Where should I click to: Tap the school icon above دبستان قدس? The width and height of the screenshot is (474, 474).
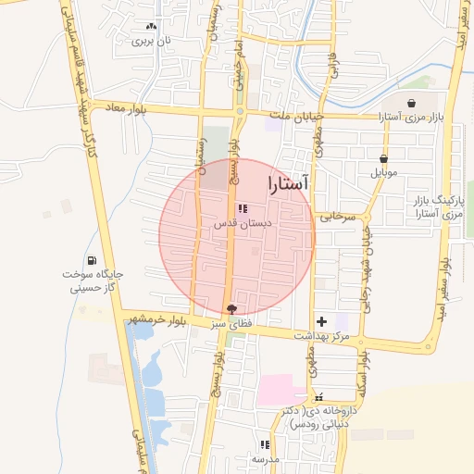[243, 209]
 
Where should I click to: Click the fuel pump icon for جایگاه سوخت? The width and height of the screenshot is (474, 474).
[92, 260]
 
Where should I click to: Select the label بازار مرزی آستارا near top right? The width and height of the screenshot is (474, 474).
[411, 117]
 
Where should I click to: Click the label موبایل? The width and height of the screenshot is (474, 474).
[383, 172]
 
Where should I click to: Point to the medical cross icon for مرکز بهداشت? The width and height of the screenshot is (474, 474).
[321, 320]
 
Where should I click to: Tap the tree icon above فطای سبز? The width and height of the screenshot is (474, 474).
[231, 308]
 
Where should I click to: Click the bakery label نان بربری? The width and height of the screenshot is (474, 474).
[152, 41]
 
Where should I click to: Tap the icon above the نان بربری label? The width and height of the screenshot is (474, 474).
[152, 27]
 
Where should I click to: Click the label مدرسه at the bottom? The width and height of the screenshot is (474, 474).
[265, 458]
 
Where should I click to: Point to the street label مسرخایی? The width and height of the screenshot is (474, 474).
[337, 218]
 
